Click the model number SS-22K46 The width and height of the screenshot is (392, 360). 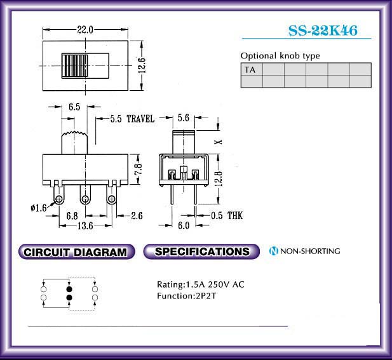[x=323, y=30]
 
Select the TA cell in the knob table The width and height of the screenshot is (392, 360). [x=252, y=69]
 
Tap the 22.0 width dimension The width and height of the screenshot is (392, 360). [x=85, y=30]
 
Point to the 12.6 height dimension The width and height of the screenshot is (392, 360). [x=142, y=65]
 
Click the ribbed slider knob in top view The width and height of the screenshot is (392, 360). [x=75, y=65]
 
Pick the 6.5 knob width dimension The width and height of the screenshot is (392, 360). [x=74, y=107]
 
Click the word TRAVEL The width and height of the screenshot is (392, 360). [x=140, y=119]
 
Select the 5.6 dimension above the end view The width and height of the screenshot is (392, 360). [x=184, y=117]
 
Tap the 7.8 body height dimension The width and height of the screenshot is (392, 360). [x=140, y=169]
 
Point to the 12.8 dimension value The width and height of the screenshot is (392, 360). [x=219, y=178]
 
